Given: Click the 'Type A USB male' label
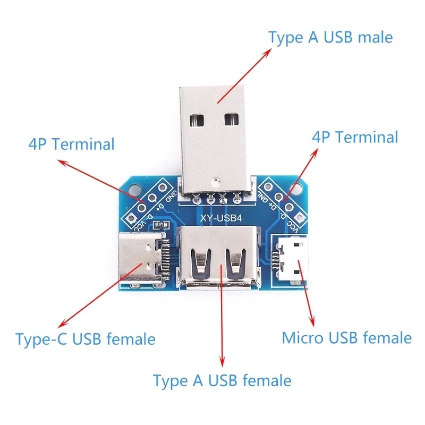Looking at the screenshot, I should point(330,38).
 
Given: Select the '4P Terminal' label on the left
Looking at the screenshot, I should point(71,144).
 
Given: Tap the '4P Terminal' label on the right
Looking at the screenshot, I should point(355,137).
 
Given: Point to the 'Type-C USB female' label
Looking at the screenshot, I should point(86,339).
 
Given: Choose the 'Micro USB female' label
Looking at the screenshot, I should point(346,337).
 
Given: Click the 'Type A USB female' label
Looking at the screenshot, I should point(222,380).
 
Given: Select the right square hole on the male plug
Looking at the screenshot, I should point(231,119).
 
